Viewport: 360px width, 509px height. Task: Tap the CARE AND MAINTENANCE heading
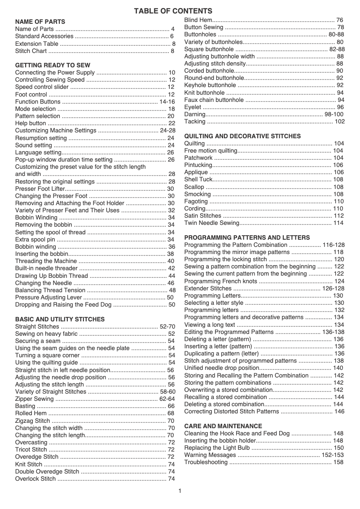[x=223, y=426]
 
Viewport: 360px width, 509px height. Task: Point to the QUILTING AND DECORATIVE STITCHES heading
[x=242, y=136]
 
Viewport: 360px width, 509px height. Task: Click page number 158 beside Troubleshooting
[x=338, y=462]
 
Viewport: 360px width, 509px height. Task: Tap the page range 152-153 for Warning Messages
[x=333, y=455]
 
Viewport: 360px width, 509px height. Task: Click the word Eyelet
[x=193, y=107]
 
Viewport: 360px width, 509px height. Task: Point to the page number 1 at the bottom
[x=180, y=491]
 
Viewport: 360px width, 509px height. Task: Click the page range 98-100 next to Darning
[x=334, y=114]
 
